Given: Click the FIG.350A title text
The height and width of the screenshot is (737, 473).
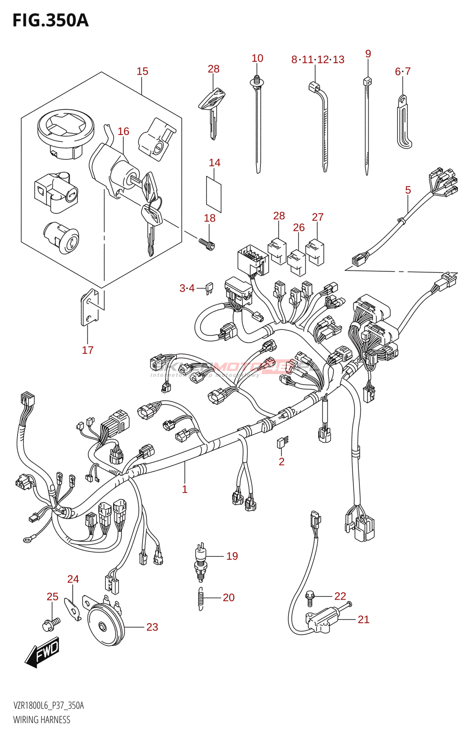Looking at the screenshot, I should pos(50,20).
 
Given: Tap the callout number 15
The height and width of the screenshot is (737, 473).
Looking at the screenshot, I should pos(142,71).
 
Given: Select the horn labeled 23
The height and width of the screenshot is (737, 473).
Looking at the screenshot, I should pos(105,625).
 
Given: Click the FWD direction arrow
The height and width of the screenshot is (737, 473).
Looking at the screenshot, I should pos(43,652).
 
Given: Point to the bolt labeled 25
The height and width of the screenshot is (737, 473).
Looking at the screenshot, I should pos(51,624).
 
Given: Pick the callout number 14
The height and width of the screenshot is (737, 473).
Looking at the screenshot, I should pos(214,163).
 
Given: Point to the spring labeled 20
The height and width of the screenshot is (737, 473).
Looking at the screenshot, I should pos(201,599).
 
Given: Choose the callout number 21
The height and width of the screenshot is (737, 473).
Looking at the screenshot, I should pos(363,620).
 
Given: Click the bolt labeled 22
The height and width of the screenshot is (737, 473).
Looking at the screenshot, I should pos(310,597).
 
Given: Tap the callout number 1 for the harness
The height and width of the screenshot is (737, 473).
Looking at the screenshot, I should pos(185,489).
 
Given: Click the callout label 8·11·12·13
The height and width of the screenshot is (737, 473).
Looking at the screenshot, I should pos(317,60).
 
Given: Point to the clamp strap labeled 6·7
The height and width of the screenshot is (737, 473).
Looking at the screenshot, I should pos(404,122).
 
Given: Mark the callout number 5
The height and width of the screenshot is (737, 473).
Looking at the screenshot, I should pos(408,190).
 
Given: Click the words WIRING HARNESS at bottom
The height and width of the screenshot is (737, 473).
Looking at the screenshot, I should pos(42,720).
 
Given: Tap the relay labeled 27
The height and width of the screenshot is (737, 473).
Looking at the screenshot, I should pos(315,252).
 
